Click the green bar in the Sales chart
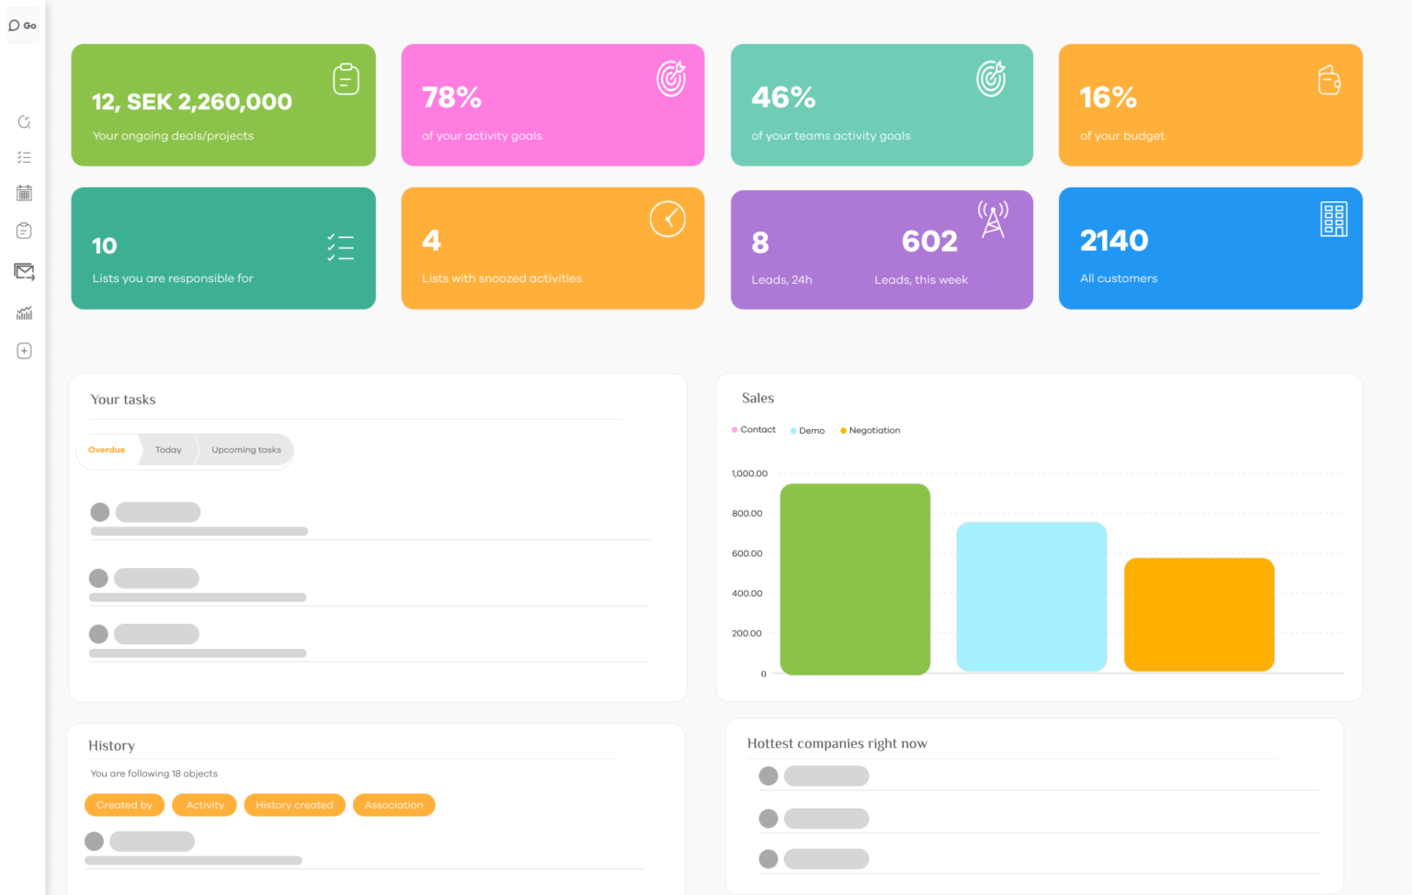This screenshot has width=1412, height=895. click(855, 579)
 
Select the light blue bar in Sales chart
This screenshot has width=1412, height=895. click(1031, 596)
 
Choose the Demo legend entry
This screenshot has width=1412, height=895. click(811, 430)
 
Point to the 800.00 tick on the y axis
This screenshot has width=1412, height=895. click(746, 514)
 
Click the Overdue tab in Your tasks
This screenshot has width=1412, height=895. click(107, 450)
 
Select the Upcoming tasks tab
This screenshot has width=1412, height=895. click(246, 450)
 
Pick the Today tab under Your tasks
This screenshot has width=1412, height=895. click(168, 450)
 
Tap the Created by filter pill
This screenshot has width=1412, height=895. click(124, 805)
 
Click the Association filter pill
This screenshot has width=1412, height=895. click(393, 805)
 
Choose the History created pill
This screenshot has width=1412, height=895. click(294, 805)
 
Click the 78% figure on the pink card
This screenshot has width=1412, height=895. click(451, 97)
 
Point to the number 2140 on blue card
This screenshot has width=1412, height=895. click(1114, 241)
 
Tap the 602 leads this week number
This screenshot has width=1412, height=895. click(929, 242)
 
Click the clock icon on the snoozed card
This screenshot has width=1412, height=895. click(667, 220)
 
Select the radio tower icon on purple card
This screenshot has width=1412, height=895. click(993, 220)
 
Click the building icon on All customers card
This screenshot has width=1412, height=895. click(1333, 220)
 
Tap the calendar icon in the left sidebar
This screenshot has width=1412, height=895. click(25, 193)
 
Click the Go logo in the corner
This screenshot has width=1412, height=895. click(23, 26)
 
